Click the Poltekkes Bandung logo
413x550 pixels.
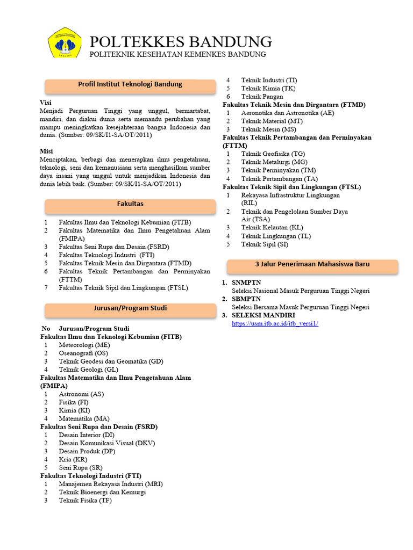click(65, 43)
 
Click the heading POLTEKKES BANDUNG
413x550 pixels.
click(180, 41)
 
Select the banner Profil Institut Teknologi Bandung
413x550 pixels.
click(130, 84)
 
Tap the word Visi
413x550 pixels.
click(46, 102)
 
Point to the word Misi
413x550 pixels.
click(47, 151)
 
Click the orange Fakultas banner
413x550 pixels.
click(130, 204)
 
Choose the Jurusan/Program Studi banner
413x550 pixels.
click(130, 308)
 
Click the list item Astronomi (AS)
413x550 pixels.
click(82, 394)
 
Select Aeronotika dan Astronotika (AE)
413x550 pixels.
click(288, 113)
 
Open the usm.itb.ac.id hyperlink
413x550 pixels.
click(275, 323)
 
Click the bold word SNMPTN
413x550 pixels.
click(246, 283)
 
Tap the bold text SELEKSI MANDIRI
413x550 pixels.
click(264, 315)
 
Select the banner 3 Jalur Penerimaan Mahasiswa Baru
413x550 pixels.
click(312, 264)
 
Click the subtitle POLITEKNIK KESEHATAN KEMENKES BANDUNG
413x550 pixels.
click(177, 55)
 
